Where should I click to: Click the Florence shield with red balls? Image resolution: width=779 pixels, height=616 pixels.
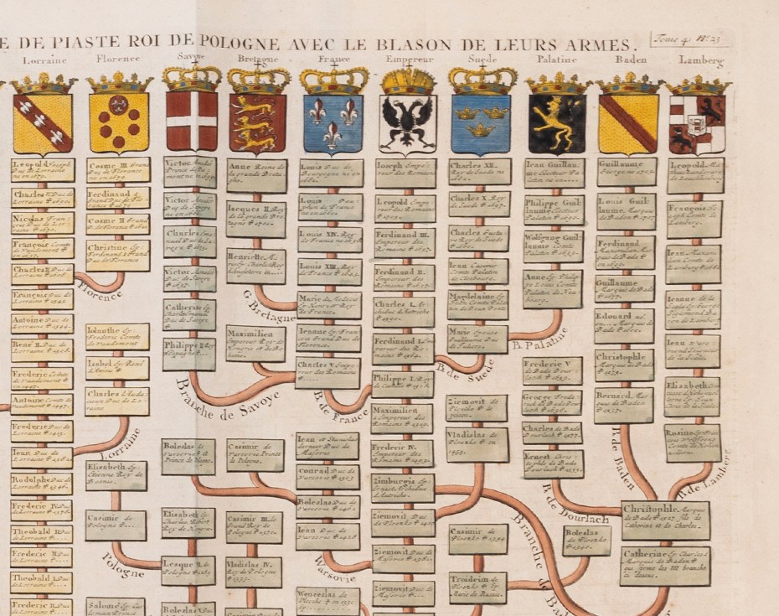(119, 122)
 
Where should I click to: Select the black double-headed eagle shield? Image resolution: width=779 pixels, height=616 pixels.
(408, 123)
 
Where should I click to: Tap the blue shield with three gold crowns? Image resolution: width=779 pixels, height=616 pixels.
(480, 123)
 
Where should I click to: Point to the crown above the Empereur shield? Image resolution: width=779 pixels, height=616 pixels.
(408, 80)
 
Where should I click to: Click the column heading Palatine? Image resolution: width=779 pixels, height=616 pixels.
(555, 60)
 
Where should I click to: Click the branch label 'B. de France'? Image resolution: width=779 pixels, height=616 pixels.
(341, 404)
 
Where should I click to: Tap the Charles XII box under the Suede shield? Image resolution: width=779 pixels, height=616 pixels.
(479, 173)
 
